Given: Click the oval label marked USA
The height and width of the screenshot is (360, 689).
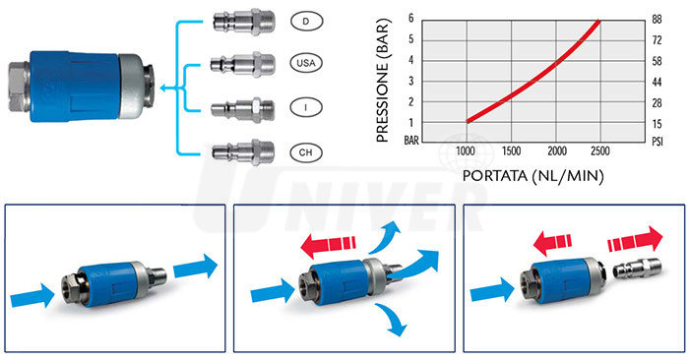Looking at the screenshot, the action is click(306, 63).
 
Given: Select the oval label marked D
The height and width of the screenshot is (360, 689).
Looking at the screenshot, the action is click(307, 21).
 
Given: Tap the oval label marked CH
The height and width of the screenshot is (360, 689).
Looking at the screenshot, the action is click(305, 152).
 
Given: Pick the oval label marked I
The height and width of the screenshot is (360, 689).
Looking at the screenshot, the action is click(306, 107).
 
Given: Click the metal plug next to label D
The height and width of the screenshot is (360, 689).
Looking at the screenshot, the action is click(244, 22).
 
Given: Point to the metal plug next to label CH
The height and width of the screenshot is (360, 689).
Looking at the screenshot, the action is click(243, 151).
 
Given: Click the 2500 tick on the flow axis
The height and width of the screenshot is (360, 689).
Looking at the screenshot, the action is click(600, 151).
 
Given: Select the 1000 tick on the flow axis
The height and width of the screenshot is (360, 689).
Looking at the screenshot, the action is click(466, 151).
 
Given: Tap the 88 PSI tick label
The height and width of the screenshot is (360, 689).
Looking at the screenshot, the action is click(657, 20).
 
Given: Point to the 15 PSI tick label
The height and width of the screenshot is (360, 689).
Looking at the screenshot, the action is click(657, 124).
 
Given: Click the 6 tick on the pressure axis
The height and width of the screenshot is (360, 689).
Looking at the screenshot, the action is click(411, 19).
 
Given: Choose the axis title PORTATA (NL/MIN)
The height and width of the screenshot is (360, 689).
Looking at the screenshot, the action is click(533, 176).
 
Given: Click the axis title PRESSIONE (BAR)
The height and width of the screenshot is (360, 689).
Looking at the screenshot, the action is click(383, 81).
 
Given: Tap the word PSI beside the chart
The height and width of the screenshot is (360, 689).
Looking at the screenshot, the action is click(657, 142).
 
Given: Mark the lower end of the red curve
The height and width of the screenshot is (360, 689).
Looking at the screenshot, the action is click(468, 121).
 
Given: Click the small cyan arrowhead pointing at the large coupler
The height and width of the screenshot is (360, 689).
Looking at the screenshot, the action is click(164, 89).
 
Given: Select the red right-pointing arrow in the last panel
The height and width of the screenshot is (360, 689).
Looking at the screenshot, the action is click(635, 241).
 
